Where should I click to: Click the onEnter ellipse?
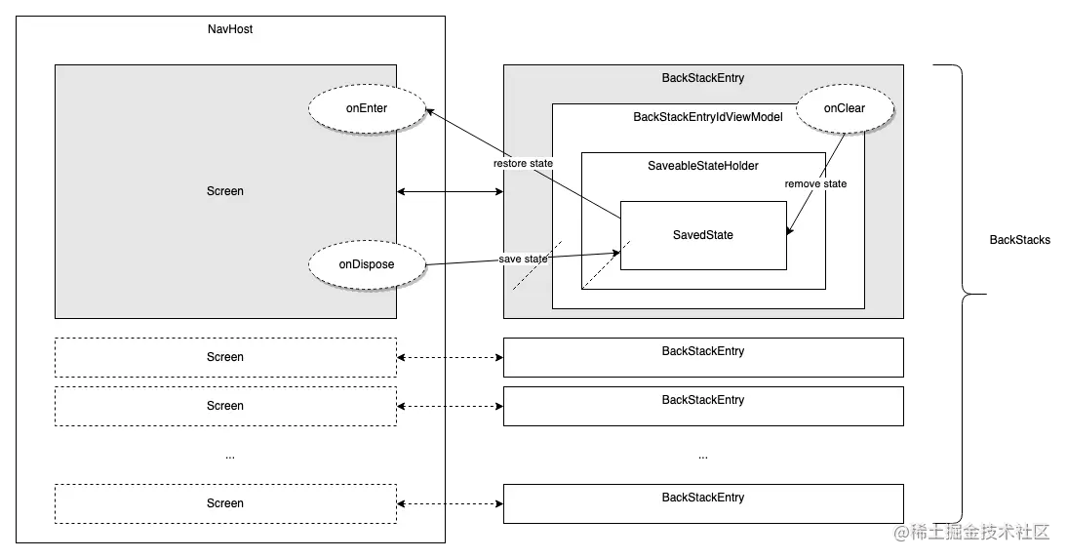point(367,108)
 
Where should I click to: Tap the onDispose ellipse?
point(367,264)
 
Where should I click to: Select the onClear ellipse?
point(845,108)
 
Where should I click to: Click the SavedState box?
point(703,235)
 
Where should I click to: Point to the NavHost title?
point(230,29)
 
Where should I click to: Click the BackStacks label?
point(1019,240)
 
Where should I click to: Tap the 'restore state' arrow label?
point(523,164)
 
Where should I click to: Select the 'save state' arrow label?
point(523,259)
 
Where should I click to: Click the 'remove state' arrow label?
point(815,183)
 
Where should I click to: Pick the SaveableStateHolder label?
point(703,166)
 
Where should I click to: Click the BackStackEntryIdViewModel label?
point(708,117)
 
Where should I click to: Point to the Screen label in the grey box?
point(225,191)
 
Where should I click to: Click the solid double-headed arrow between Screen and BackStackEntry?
point(450,192)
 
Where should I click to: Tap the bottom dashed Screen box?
point(226,503)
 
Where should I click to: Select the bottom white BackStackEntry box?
point(703,503)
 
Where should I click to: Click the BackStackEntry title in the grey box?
point(703,78)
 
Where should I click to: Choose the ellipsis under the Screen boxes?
point(230,457)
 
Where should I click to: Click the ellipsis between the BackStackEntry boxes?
point(703,457)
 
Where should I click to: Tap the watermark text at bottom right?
point(972,532)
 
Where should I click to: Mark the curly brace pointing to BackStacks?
point(962,295)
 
